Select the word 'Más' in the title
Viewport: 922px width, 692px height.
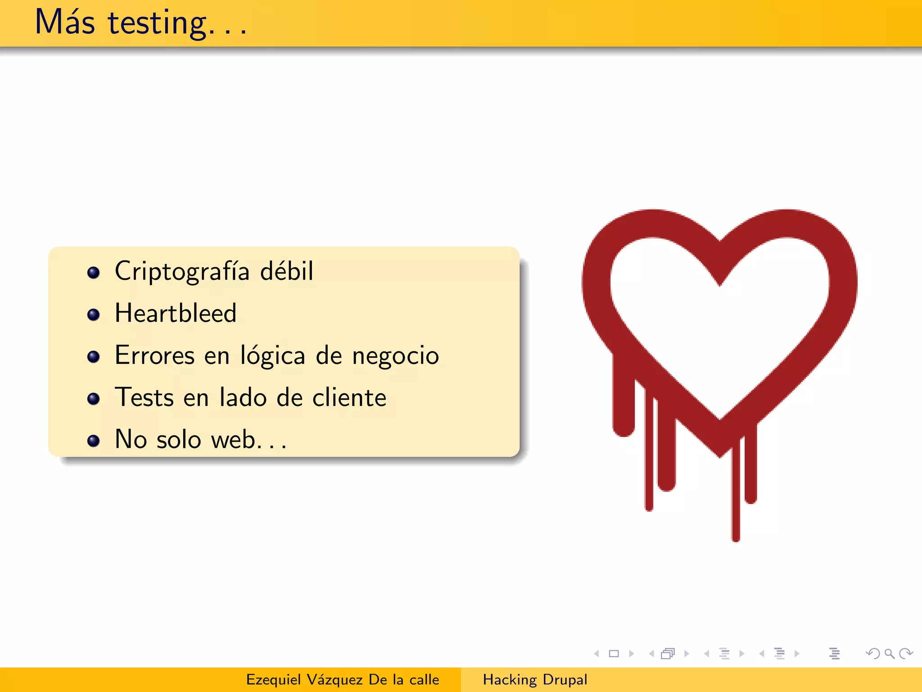pyautogui.click(x=65, y=23)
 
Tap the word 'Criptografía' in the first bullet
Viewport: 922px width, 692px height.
pyautogui.click(x=182, y=272)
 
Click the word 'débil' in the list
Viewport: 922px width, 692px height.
pyautogui.click(x=287, y=271)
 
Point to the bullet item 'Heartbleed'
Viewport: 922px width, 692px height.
pyautogui.click(x=176, y=313)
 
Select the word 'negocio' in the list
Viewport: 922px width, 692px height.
pyautogui.click(x=395, y=356)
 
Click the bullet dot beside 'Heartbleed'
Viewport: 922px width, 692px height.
pyautogui.click(x=93, y=314)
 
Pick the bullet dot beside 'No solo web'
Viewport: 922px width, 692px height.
pyautogui.click(x=93, y=441)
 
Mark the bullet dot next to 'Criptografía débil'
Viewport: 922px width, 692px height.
pyautogui.click(x=93, y=273)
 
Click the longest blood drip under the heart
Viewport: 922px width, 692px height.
pyautogui.click(x=736, y=496)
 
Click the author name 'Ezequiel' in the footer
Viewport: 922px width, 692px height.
pyautogui.click(x=273, y=679)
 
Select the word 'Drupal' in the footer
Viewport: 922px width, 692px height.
pyautogui.click(x=565, y=679)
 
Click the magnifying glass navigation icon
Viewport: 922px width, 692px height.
pyautogui.click(x=889, y=654)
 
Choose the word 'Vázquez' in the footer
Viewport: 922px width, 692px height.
pyautogui.click(x=334, y=679)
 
